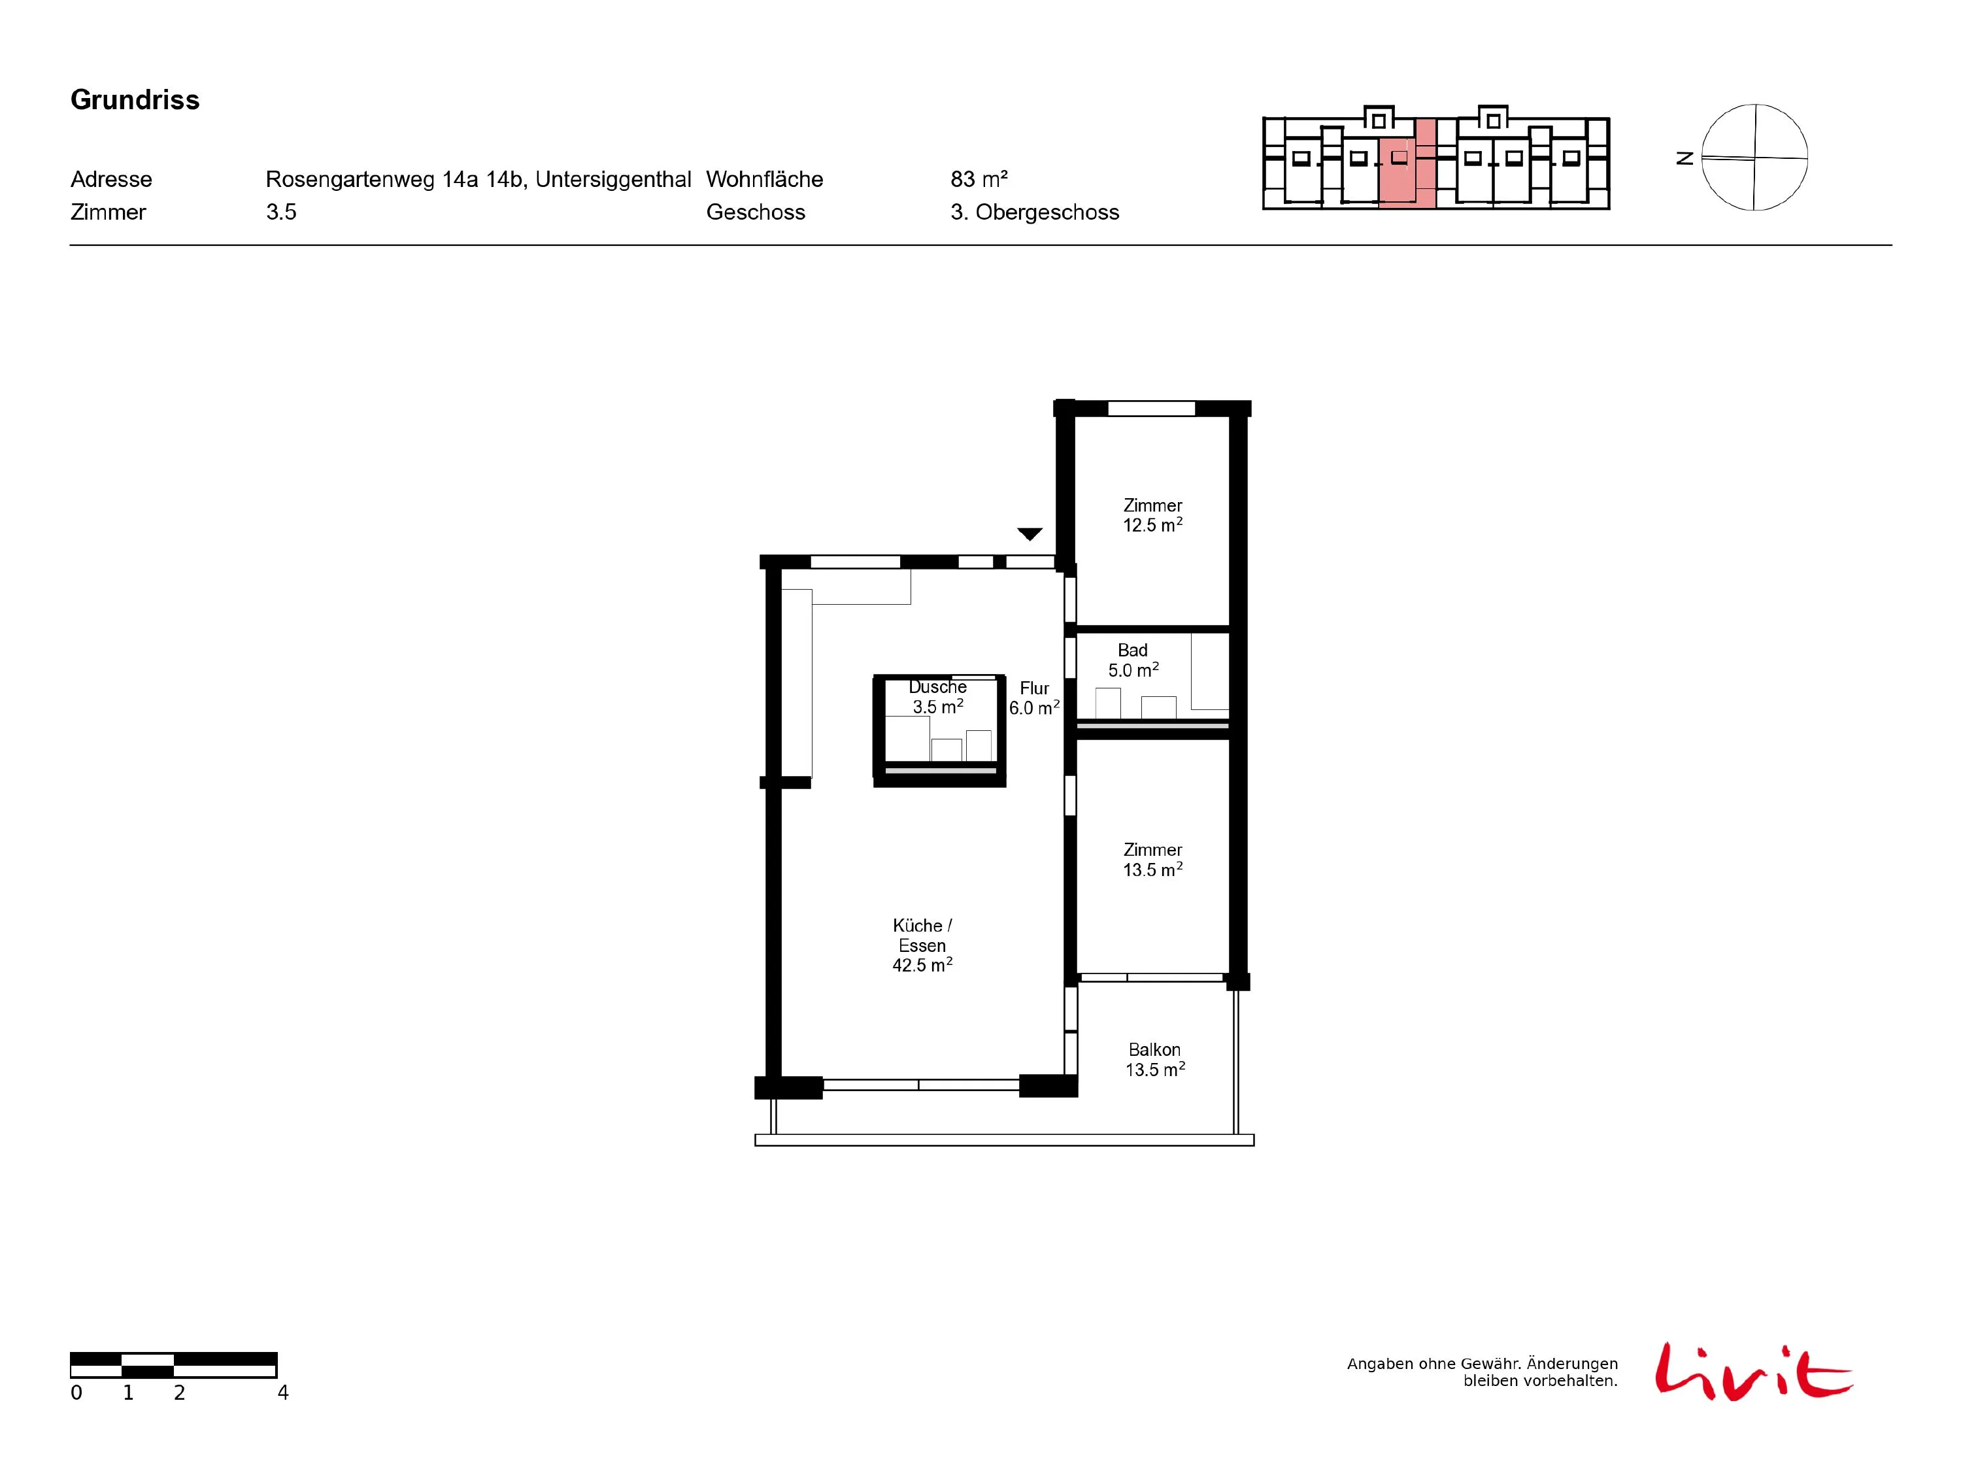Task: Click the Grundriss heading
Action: (135, 100)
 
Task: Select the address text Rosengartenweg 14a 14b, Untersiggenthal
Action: (478, 179)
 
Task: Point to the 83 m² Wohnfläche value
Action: (979, 179)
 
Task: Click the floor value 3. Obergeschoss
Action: (1035, 212)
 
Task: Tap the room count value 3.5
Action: (281, 212)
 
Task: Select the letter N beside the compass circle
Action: (1685, 158)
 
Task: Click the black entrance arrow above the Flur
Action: (1030, 533)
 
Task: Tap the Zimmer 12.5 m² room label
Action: (1152, 515)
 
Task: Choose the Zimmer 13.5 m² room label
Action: (1152, 859)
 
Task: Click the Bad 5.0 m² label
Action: (1133, 660)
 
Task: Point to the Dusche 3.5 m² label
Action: (938, 697)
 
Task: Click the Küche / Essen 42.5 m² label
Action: (922, 945)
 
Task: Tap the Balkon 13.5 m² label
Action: (1155, 1060)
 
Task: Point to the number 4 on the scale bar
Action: (283, 1393)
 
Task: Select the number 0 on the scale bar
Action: (76, 1393)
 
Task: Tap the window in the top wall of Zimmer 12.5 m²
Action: (1152, 409)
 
